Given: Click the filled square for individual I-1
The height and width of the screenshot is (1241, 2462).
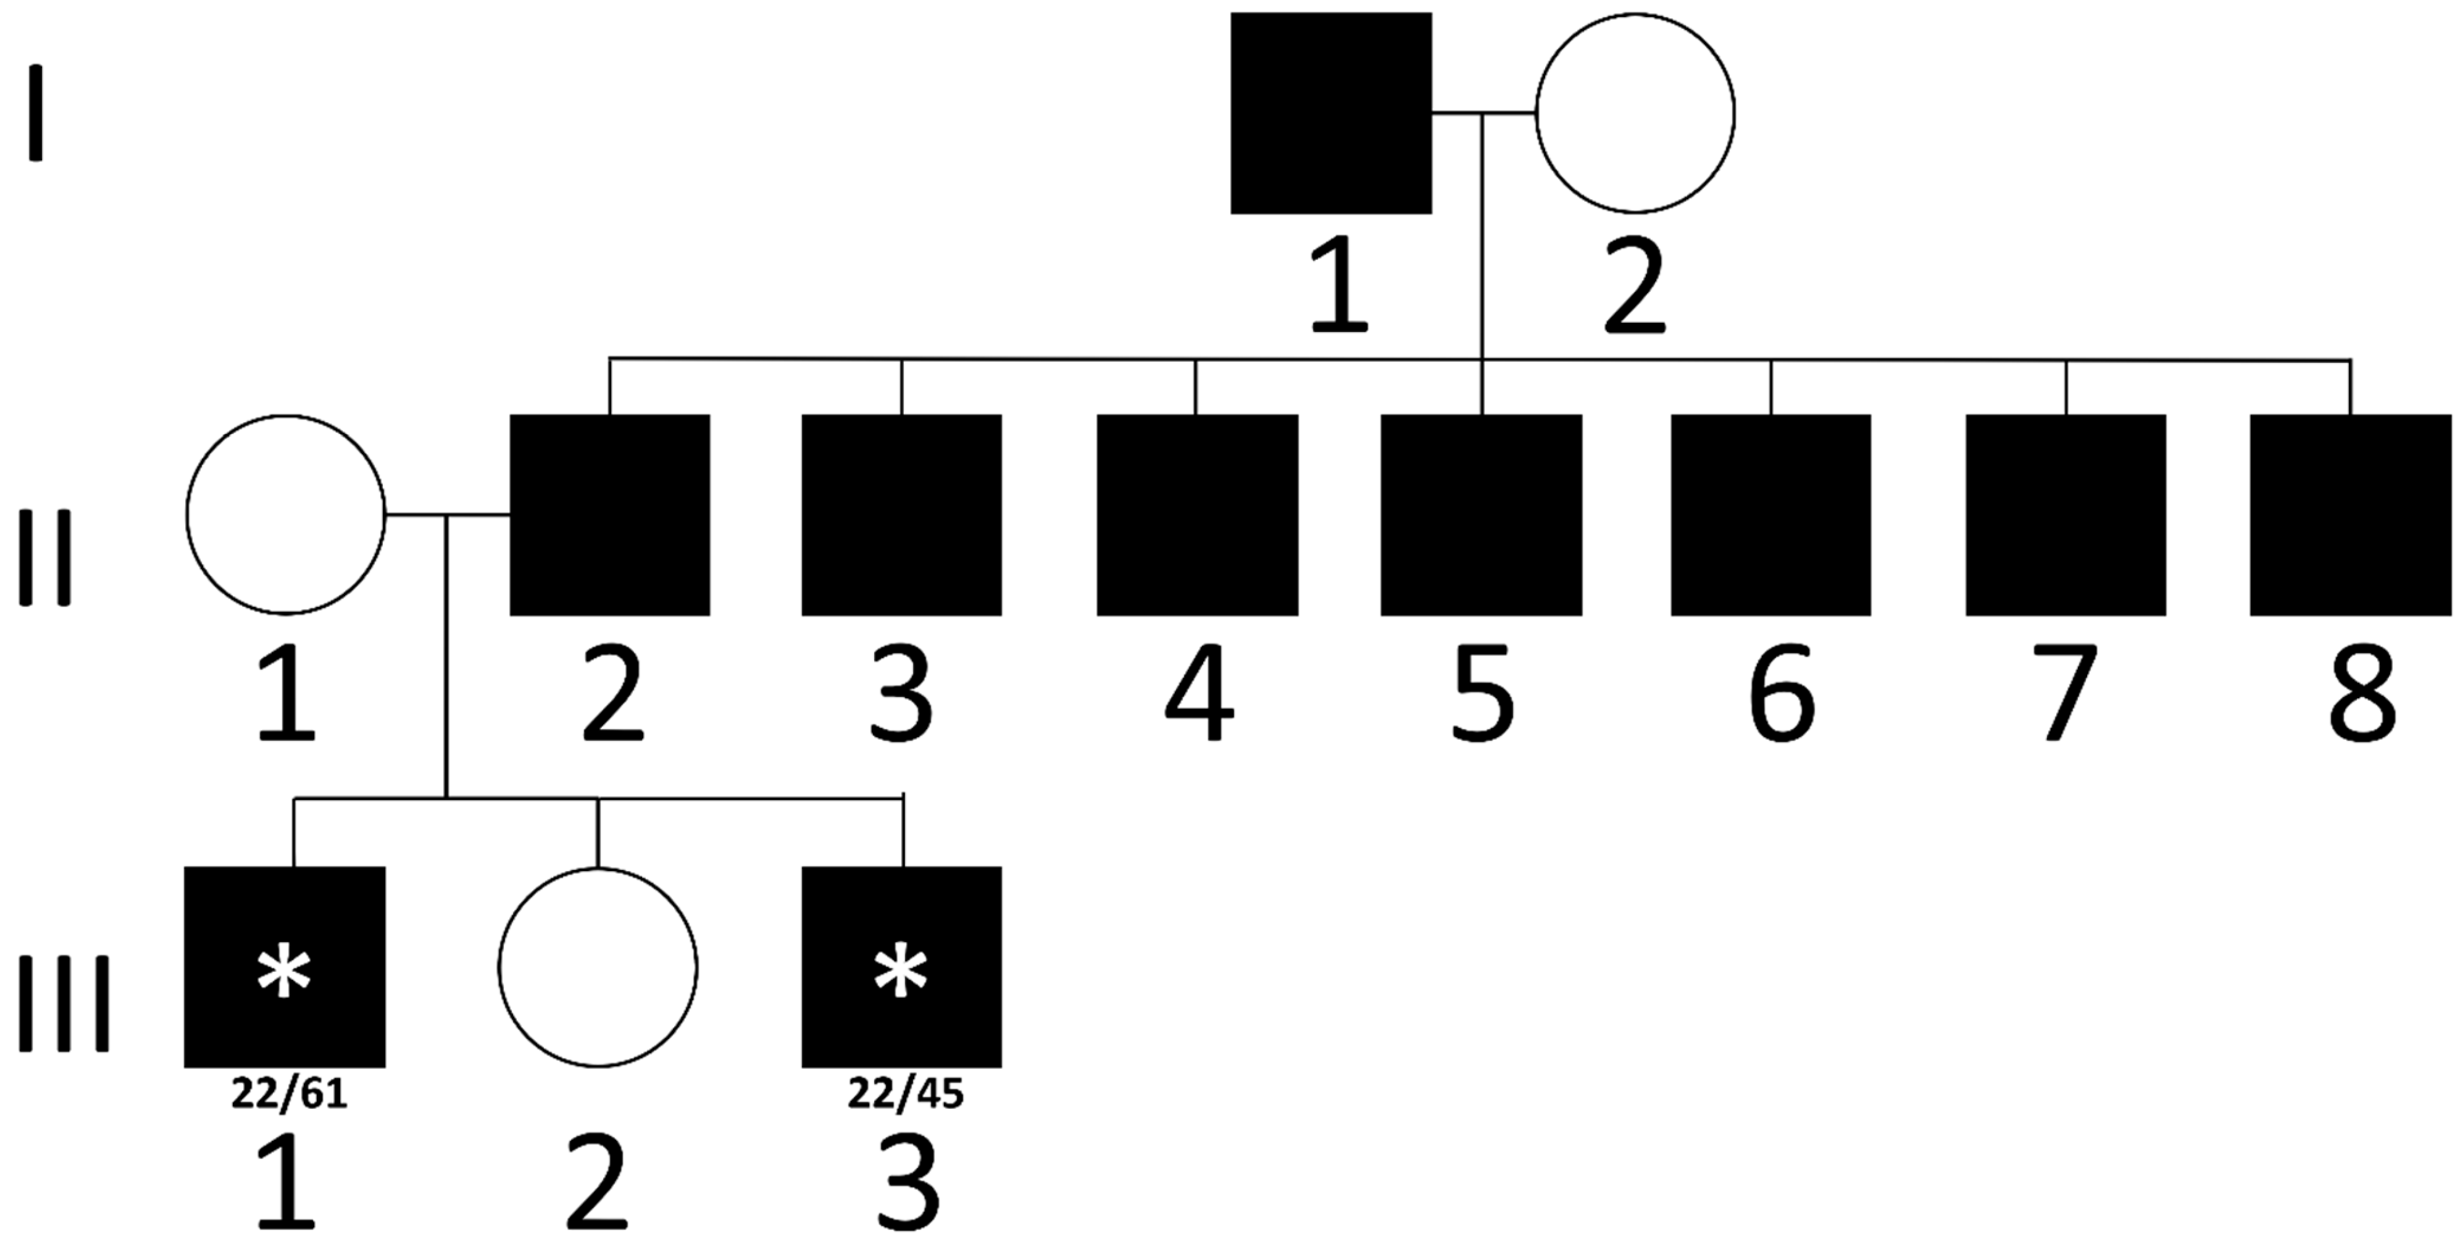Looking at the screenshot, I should tap(1331, 113).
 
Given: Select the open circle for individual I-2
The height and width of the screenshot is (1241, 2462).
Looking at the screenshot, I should tap(1634, 113).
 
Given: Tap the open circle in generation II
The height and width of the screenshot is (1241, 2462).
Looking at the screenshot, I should tap(286, 515).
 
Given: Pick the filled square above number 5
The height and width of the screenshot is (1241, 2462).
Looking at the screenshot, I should tap(1480, 515).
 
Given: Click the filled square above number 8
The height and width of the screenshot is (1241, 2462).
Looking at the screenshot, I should tap(2350, 515).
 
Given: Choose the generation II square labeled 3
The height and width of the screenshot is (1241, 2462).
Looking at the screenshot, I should tap(901, 515).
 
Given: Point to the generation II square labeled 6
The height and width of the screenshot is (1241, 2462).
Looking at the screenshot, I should tap(1770, 515).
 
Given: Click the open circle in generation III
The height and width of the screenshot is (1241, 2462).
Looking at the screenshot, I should tap(597, 967).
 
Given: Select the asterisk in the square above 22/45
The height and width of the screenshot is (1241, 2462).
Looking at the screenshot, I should tap(901, 974).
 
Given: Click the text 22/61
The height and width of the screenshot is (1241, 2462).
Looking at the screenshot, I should tap(289, 1094).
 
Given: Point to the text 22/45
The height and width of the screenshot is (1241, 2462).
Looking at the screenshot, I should tap(905, 1094).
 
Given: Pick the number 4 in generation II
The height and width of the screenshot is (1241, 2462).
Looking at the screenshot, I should tap(1199, 693).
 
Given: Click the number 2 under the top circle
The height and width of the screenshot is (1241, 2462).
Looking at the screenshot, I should tap(1634, 287).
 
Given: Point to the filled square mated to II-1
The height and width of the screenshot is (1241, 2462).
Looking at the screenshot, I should tap(610, 515).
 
